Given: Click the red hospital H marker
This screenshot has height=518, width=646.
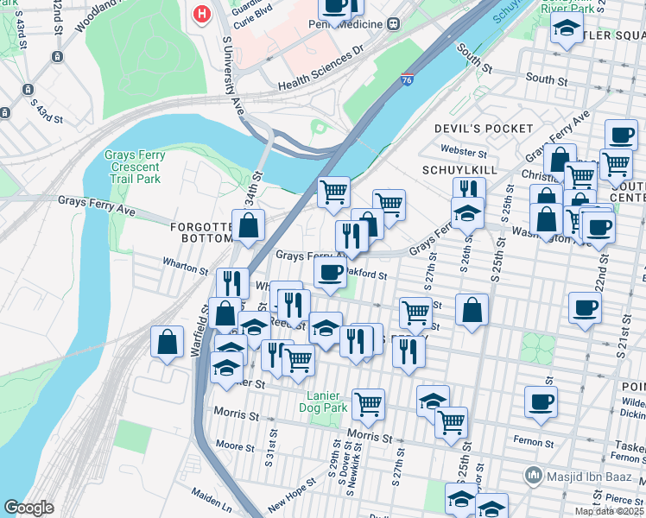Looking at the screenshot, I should coord(202,15).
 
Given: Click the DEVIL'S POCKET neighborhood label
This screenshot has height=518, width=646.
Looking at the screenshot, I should coord(483,129).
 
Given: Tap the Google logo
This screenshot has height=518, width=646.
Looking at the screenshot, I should coord(28,508).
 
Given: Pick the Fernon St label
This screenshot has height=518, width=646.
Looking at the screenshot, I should coord(535,441).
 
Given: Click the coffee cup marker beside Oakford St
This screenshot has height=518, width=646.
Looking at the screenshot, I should coord(329,274).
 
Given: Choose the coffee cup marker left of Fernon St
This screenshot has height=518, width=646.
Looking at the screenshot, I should coord(541,401).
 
